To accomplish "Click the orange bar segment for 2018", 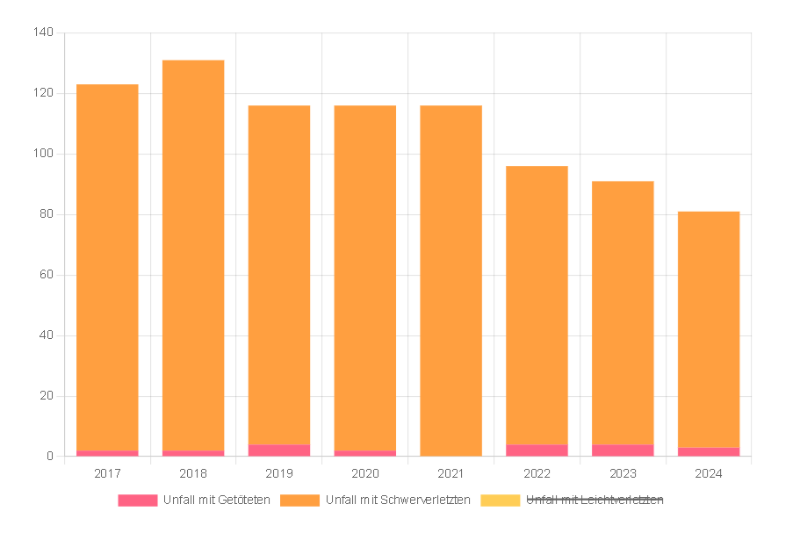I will pyautogui.click(x=193, y=255).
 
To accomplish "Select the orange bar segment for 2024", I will pyautogui.click(x=709, y=329).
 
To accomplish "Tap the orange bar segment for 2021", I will pyautogui.click(x=450, y=281).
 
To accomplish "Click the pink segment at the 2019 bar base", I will pyautogui.click(x=279, y=450).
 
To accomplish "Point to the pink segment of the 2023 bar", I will pyautogui.click(x=623, y=450).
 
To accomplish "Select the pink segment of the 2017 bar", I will pyautogui.click(x=107, y=453).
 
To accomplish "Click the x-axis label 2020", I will pyautogui.click(x=365, y=474).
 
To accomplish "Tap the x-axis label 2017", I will pyautogui.click(x=107, y=474).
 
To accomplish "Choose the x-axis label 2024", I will pyautogui.click(x=709, y=474).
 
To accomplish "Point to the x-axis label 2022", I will pyautogui.click(x=537, y=474).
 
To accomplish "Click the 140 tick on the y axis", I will pyautogui.click(x=44, y=33).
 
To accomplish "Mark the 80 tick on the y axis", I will pyautogui.click(x=47, y=214).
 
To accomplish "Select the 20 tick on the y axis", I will pyautogui.click(x=47, y=396).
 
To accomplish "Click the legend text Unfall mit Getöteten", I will pyautogui.click(x=216, y=501).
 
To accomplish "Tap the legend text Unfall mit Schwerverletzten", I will pyautogui.click(x=398, y=501).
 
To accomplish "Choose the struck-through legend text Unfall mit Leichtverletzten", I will pyautogui.click(x=595, y=501).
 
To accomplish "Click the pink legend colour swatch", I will pyautogui.click(x=138, y=501).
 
